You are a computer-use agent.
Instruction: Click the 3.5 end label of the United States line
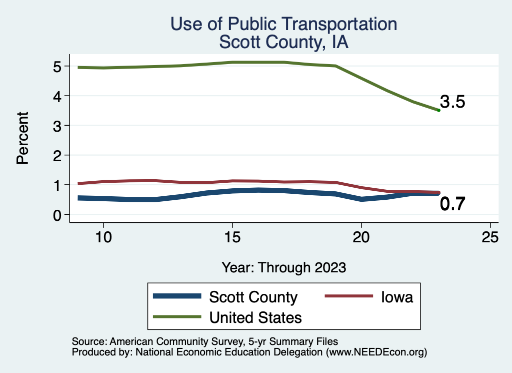[452, 102]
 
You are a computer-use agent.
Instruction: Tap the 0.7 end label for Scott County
[452, 204]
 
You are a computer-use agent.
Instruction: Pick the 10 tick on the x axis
[103, 237]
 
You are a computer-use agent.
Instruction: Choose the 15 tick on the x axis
[232, 237]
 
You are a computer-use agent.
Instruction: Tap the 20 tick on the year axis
[361, 237]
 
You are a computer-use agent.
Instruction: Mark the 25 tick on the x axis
[490, 237]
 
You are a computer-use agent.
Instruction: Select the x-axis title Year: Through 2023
[283, 267]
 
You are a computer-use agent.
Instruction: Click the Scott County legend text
[253, 297]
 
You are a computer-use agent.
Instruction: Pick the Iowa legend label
[397, 297]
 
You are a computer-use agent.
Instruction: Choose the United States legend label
[255, 317]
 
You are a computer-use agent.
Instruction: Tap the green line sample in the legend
[177, 317]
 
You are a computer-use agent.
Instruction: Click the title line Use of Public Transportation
[283, 24]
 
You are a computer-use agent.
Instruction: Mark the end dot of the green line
[438, 110]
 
